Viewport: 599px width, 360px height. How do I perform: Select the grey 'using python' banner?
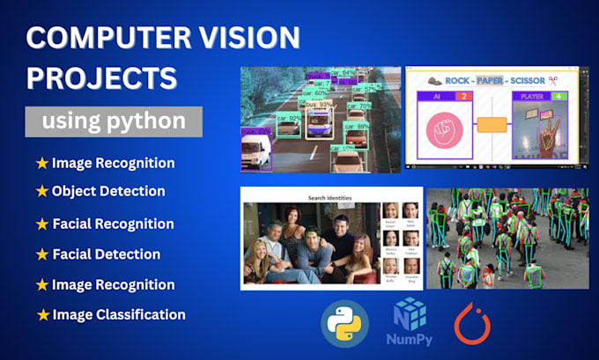113,121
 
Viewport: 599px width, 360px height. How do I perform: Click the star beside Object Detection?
41,191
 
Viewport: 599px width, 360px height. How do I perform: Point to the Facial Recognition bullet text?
113,224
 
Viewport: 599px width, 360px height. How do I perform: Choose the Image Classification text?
118,314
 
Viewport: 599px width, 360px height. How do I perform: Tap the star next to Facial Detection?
41,254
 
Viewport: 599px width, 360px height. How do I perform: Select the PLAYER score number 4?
567,96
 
